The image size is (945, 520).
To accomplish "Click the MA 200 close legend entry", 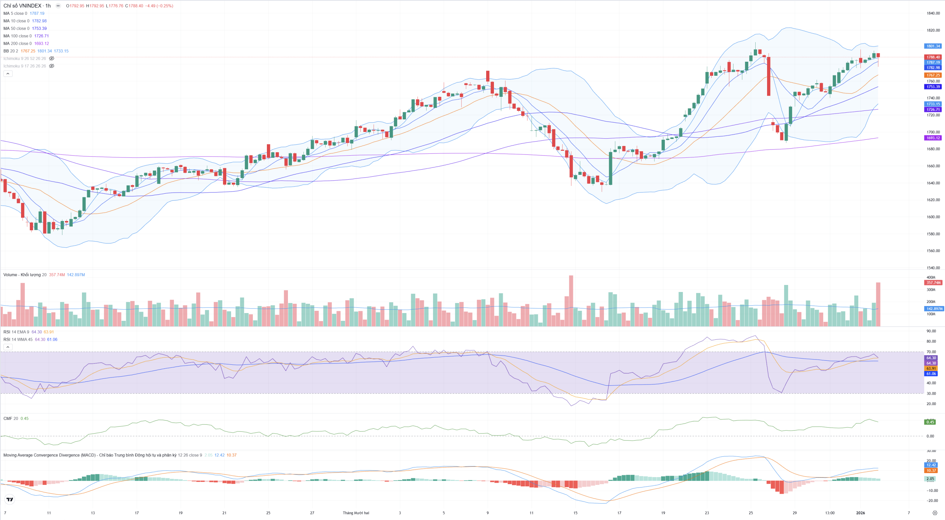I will pyautogui.click(x=17, y=44).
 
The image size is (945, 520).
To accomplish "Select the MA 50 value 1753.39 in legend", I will pyautogui.click(x=39, y=28).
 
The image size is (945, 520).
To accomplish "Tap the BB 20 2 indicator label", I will pyautogui.click(x=10, y=51).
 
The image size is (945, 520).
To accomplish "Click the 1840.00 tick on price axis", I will pyautogui.click(x=933, y=13).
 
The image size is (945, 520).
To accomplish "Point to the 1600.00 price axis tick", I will pyautogui.click(x=933, y=217).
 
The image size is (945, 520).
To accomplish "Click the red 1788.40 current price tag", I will pyautogui.click(x=933, y=57).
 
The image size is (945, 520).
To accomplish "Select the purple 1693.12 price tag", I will pyautogui.click(x=933, y=138).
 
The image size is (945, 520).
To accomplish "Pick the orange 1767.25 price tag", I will pyautogui.click(x=933, y=75).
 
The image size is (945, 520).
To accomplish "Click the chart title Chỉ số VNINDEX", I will pyautogui.click(x=23, y=6).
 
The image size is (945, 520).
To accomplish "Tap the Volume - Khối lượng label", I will pyautogui.click(x=22, y=275).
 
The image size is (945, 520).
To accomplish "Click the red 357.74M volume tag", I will pyautogui.click(x=933, y=283).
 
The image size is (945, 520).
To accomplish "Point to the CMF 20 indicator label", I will pyautogui.click(x=10, y=419).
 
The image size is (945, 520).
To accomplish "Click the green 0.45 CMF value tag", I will pyautogui.click(x=930, y=422).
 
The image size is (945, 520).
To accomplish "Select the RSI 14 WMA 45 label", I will pyautogui.click(x=18, y=340).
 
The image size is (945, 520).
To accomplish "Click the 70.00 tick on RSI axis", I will pyautogui.click(x=931, y=352).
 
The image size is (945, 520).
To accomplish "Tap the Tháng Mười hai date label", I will pyautogui.click(x=356, y=513).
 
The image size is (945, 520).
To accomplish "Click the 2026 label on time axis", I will pyautogui.click(x=860, y=513).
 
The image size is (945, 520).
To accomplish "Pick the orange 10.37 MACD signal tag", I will pyautogui.click(x=931, y=470).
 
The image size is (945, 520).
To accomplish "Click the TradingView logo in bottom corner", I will pyautogui.click(x=10, y=499).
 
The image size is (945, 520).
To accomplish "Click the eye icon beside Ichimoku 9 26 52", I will pyautogui.click(x=52, y=58).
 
